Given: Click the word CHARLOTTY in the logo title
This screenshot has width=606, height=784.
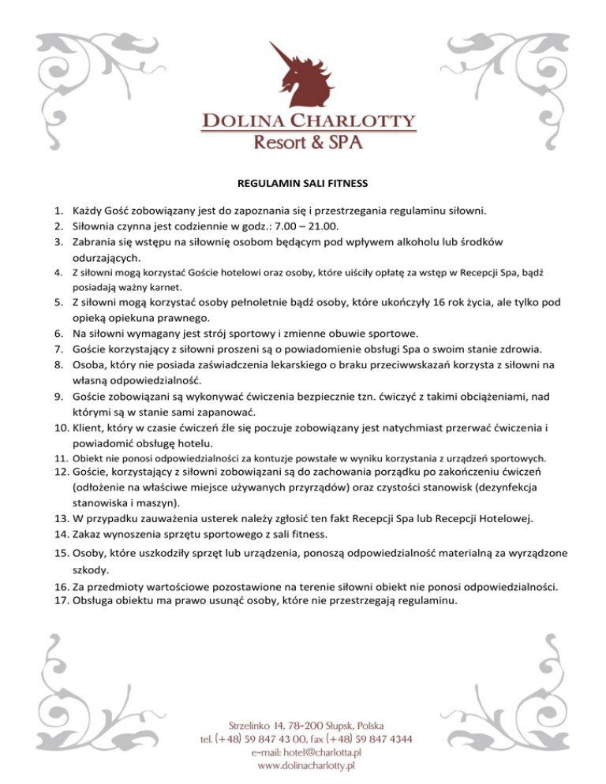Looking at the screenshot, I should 349,122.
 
